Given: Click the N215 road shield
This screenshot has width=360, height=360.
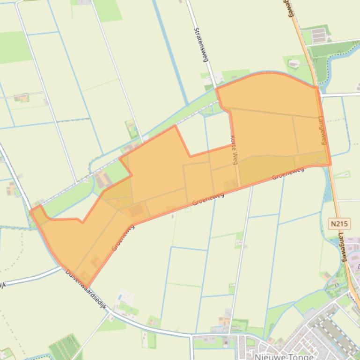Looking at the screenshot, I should [339, 223].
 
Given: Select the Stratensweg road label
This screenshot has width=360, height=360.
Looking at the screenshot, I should [201, 44].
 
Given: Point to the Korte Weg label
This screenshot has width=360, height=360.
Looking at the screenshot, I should [235, 149].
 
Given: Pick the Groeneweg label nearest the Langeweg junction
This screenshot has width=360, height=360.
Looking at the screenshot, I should [288, 173].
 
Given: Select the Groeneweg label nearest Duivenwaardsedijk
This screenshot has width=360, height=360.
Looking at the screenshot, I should [124, 237].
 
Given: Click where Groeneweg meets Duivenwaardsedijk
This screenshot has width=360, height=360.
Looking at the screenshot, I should [88, 286].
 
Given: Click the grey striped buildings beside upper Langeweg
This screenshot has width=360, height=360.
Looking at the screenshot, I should [319, 35].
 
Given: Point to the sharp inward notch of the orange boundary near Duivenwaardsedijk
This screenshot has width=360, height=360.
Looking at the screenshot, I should [83, 222].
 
